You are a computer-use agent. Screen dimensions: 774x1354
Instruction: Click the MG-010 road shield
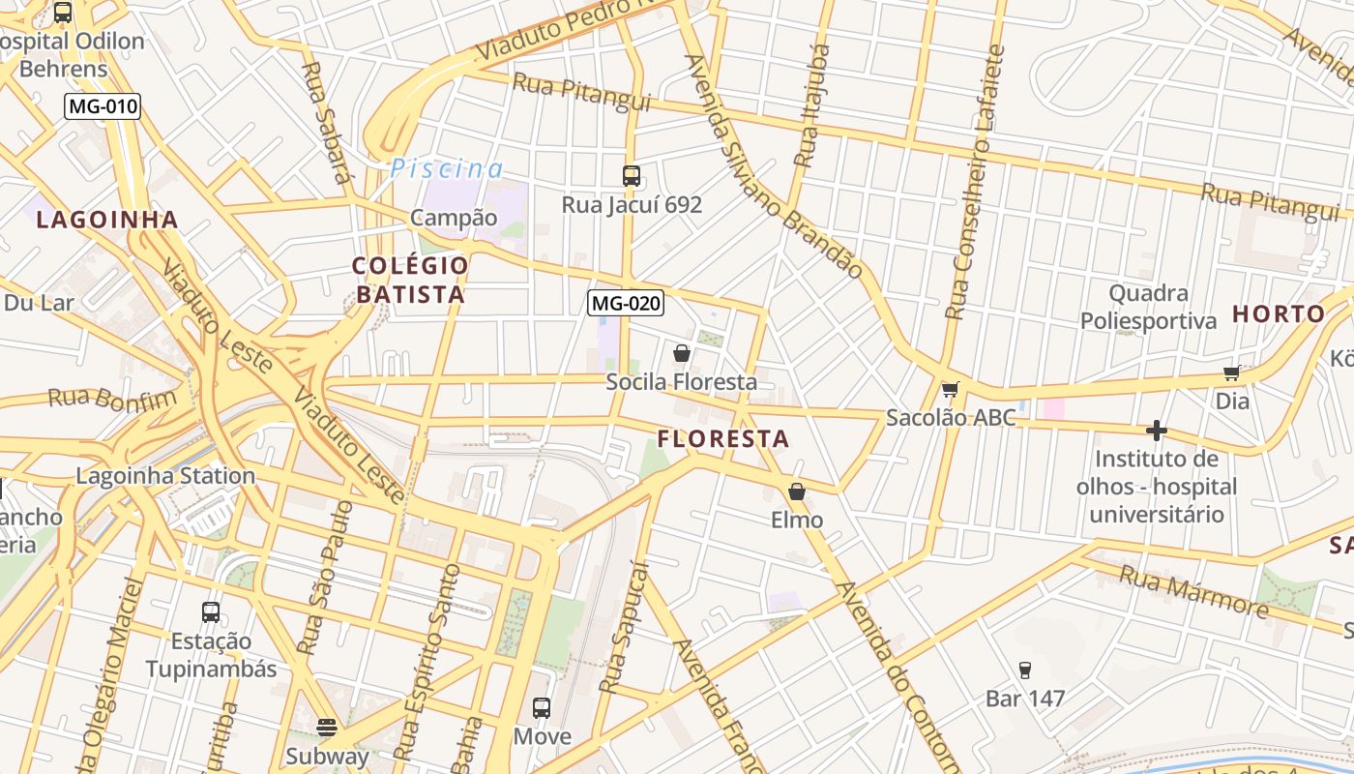[103, 106]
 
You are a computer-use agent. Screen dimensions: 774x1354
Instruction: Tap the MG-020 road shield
[626, 303]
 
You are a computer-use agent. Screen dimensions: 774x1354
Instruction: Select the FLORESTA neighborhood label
[723, 439]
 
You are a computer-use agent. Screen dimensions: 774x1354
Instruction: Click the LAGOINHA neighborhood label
[107, 220]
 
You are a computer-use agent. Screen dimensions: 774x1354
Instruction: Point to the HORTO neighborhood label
[1279, 313]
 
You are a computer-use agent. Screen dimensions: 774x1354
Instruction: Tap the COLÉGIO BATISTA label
[410, 280]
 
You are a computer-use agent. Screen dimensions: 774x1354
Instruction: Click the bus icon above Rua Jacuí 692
[632, 175]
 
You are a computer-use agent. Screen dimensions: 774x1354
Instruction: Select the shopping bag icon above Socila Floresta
[682, 353]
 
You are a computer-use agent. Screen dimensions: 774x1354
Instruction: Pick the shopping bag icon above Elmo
[797, 491]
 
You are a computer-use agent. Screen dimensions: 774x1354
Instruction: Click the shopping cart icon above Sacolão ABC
[950, 390]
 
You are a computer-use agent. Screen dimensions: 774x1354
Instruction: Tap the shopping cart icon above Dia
[1232, 372]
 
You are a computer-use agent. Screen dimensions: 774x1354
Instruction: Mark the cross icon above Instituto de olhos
[1156, 430]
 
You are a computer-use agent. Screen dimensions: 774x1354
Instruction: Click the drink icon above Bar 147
[1025, 670]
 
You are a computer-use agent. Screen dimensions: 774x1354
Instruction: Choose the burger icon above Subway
[327, 727]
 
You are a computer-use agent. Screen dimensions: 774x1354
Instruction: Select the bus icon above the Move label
[542, 708]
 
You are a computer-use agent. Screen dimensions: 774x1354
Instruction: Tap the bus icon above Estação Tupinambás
[211, 611]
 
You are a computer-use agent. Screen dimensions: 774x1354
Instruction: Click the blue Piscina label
[446, 169]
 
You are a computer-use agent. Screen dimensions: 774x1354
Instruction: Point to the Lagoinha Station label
[165, 476]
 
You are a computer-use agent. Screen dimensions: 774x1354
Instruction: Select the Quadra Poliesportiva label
[1148, 307]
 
